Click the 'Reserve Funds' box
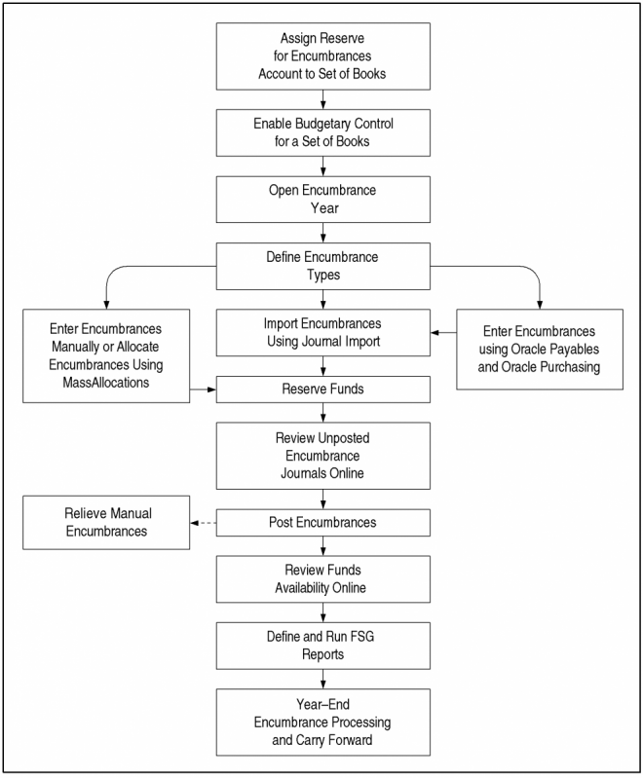tap(323, 389)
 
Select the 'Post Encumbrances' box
tap(323, 523)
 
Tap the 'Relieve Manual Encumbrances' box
tap(106, 523)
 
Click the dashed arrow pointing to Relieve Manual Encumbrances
tap(203, 523)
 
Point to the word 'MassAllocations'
tap(106, 383)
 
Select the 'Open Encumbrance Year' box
tap(323, 200)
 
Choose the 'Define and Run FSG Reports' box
tap(323, 646)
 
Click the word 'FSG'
tap(362, 637)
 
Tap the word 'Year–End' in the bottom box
tap(323, 705)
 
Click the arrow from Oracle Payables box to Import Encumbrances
tap(443, 332)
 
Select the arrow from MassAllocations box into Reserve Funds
tap(203, 389)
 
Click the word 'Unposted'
tap(344, 438)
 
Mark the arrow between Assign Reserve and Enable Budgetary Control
tap(323, 99)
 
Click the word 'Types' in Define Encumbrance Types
tap(323, 275)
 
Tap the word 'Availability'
tap(302, 588)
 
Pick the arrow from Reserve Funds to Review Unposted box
tap(323, 413)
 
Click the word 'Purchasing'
tap(570, 367)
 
